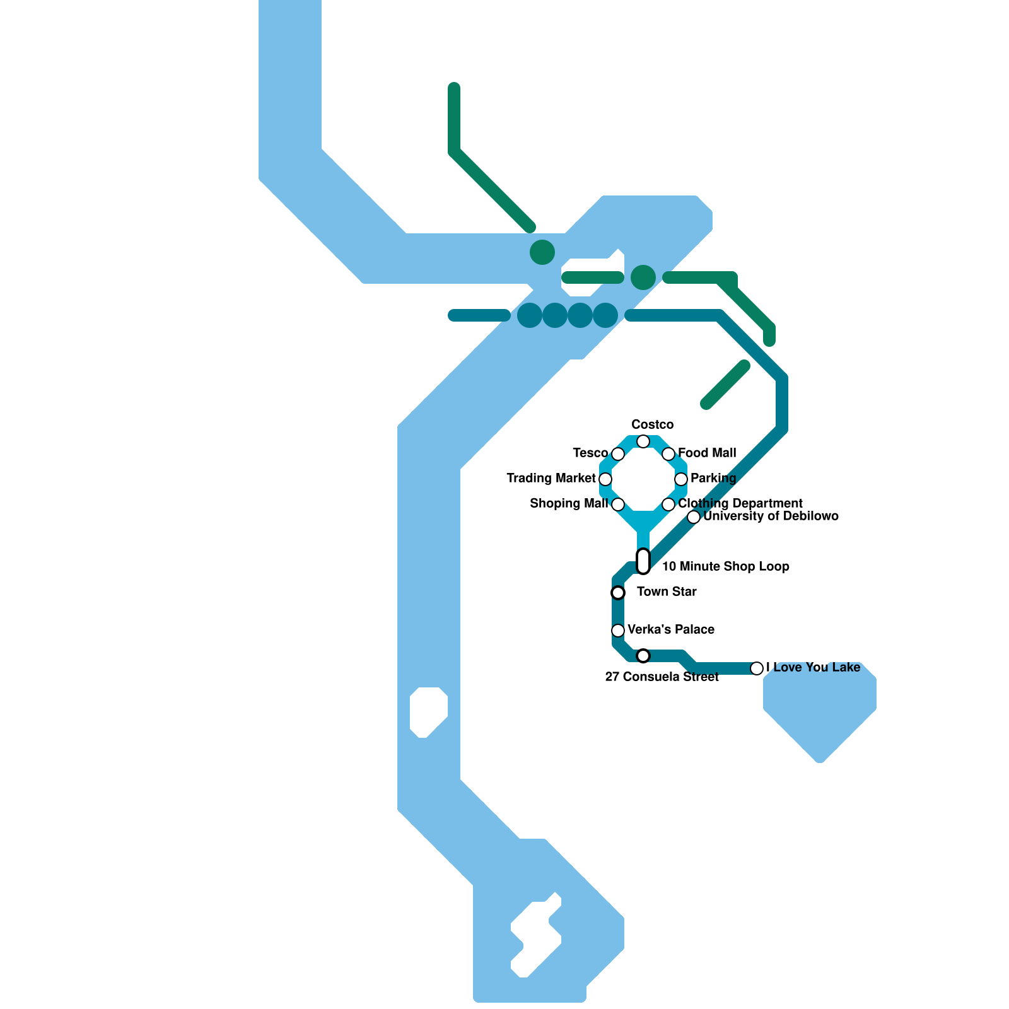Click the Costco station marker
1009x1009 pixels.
coord(643,441)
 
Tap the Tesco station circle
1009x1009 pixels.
coord(618,454)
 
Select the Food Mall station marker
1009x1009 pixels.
coord(668,454)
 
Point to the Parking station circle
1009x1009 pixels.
coord(681,479)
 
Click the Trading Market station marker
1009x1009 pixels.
coord(605,479)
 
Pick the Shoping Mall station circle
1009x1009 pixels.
coord(618,504)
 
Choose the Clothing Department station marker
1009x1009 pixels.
coord(668,504)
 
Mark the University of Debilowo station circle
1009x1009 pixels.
coord(694,517)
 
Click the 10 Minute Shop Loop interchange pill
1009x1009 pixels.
coord(643,561)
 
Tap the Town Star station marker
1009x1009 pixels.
coord(618,593)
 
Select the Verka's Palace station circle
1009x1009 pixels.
coord(618,631)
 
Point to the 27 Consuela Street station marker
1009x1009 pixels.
coord(643,656)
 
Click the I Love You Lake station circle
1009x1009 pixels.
coord(757,668)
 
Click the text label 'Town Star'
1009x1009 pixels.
coord(667,592)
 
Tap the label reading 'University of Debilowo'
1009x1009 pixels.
coord(771,516)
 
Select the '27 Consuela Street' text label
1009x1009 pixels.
coord(662,677)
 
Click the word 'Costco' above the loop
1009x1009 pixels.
coord(652,424)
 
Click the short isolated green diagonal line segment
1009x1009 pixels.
coord(725,385)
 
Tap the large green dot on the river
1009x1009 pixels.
coord(542,252)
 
